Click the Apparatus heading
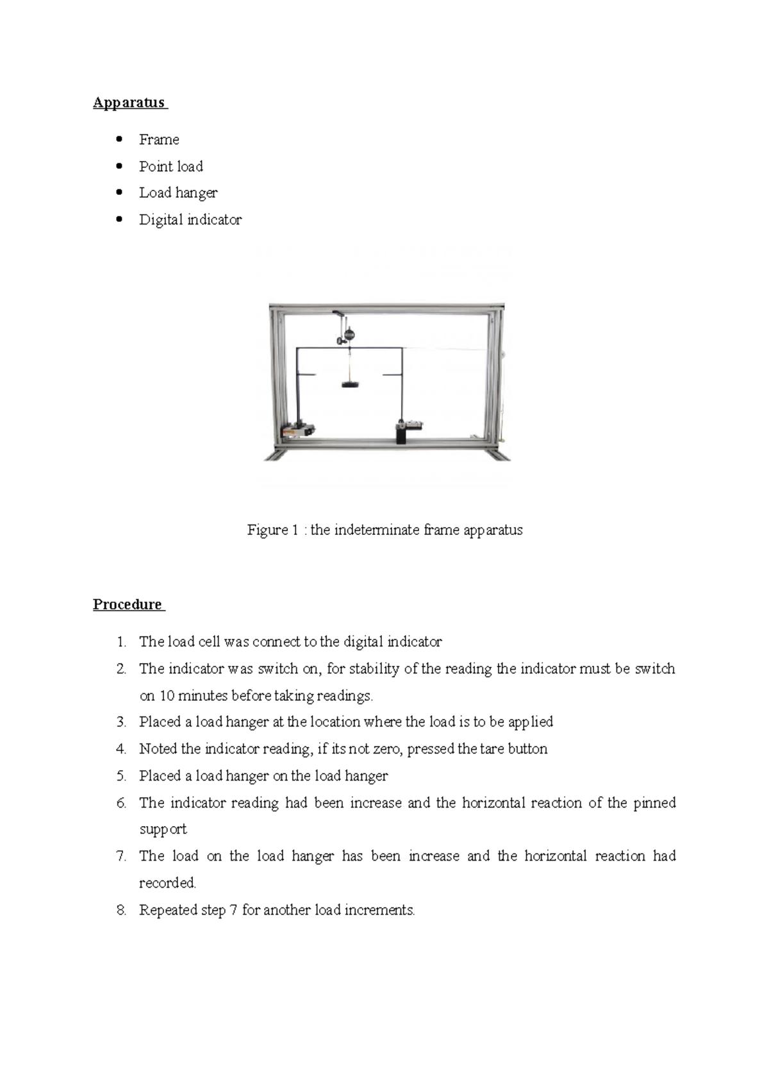(129, 103)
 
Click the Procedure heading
(128, 604)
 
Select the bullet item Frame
(159, 140)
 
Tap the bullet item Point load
(171, 167)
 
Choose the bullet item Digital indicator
(190, 220)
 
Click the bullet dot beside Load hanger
(119, 192)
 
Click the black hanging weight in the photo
(350, 385)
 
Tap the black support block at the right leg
(402, 435)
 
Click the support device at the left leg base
(299, 430)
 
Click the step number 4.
(121, 749)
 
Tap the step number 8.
(121, 910)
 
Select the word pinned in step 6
(654, 803)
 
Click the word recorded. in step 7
(167, 883)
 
